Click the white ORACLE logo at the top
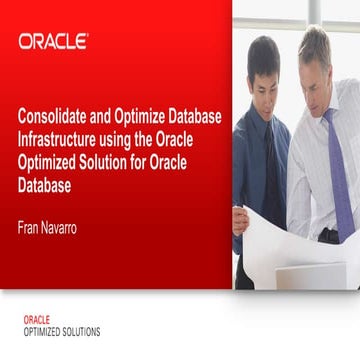coord(53,42)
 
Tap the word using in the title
coord(118,139)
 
